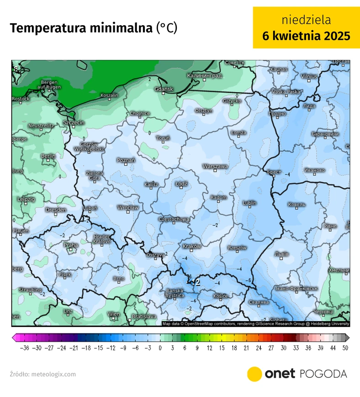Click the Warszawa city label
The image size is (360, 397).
pyautogui.click(x=215, y=167)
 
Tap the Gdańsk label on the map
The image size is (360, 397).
pyautogui.click(x=164, y=89)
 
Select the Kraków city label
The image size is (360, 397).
pyautogui.click(x=192, y=246)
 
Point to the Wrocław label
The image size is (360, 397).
pyautogui.click(x=128, y=207)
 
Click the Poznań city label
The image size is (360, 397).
pyautogui.click(x=126, y=160)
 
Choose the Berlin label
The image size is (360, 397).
pyautogui.click(x=48, y=156)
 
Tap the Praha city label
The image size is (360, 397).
pyautogui.click(x=71, y=245)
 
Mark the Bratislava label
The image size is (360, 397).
pyautogui.click(x=144, y=316)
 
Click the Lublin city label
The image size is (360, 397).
pyautogui.click(x=249, y=203)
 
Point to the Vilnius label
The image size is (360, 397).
pyautogui.click(x=309, y=76)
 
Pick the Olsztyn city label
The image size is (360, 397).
pyautogui.click(x=204, y=111)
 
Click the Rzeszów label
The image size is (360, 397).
pyautogui.click(x=237, y=248)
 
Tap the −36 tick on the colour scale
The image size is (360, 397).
pyautogui.click(x=25, y=348)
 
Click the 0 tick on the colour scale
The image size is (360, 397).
pyautogui.click(x=160, y=348)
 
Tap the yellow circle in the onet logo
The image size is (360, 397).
pyautogui.click(x=254, y=374)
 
